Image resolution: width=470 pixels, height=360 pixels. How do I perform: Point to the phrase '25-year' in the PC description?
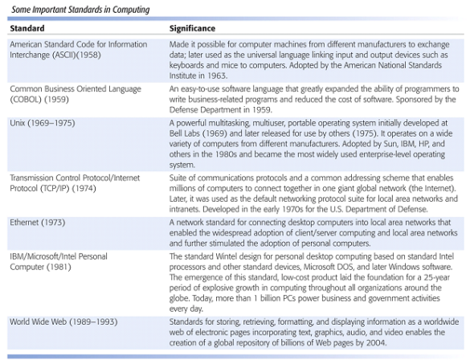coord(445,276)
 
